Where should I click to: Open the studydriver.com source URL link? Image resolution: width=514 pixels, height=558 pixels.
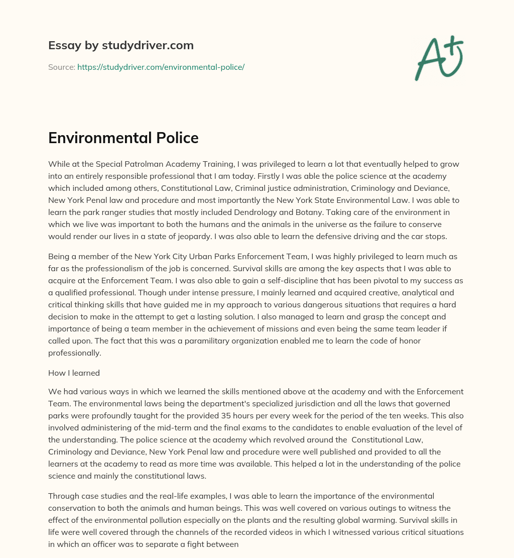161,67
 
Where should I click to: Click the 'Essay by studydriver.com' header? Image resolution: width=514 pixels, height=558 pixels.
120,45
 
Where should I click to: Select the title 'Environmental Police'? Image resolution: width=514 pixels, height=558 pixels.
123,138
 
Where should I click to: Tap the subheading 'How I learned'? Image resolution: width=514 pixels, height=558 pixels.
74,373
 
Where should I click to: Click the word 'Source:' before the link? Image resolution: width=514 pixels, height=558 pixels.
61,67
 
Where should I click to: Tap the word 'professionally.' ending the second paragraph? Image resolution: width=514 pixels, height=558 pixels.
75,353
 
